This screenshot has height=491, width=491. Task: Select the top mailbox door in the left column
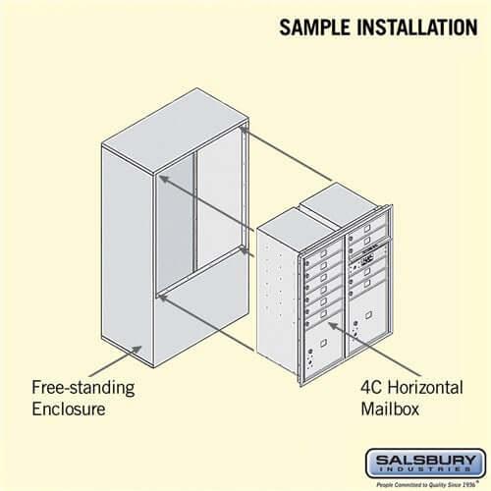pos(322,252)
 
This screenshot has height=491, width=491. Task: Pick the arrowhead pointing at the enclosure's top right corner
pos(243,128)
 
